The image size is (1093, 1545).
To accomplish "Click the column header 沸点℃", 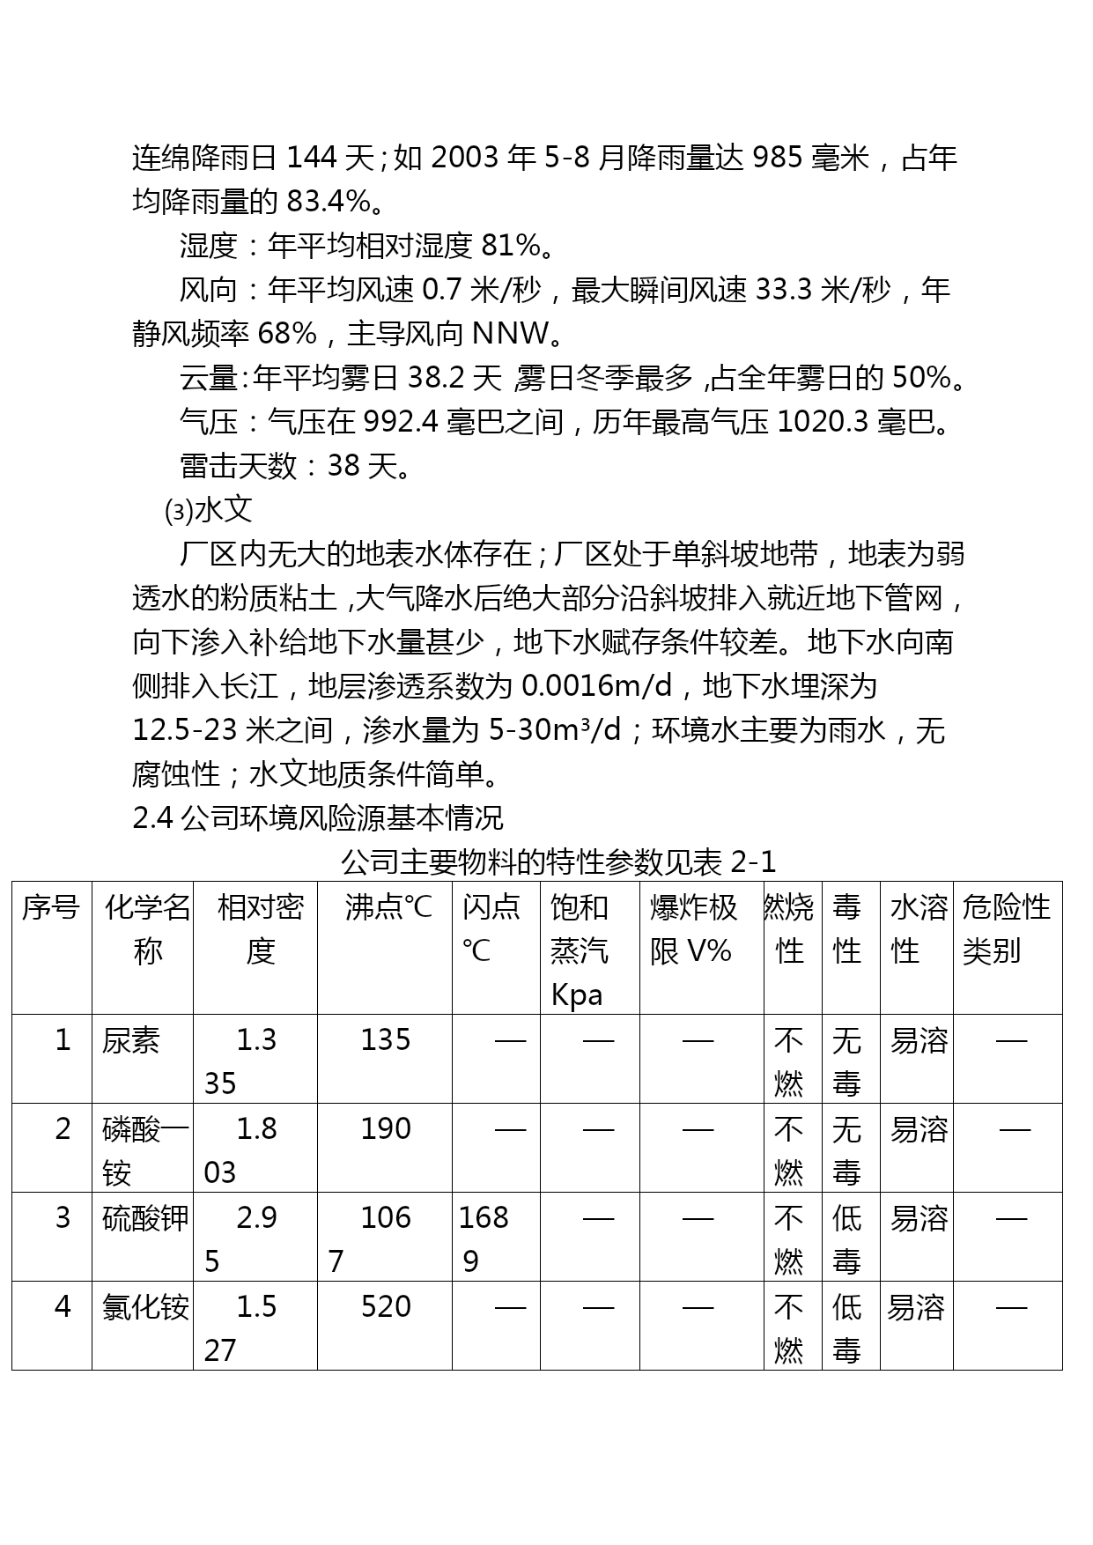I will tap(388, 907).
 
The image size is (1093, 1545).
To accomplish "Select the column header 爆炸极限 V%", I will tap(693, 929).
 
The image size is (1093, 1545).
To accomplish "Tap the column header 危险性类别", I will tap(1006, 929).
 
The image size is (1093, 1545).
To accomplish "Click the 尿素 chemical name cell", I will tap(131, 1041).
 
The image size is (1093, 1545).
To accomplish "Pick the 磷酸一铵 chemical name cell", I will tap(144, 1150).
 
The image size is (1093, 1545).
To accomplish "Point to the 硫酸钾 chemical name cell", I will tap(145, 1218).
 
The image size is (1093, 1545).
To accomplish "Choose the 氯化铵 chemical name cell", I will tap(145, 1307).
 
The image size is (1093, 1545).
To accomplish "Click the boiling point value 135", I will tap(386, 1040).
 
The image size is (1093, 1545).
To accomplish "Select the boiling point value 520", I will tap(386, 1306).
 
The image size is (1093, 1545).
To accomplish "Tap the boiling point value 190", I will tap(386, 1129).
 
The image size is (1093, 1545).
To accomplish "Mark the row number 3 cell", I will tap(63, 1218).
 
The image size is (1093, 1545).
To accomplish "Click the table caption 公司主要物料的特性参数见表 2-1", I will tap(558, 861).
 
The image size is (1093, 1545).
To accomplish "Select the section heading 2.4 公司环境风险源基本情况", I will tap(318, 818).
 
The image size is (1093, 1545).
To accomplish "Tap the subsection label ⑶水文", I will tap(209, 509).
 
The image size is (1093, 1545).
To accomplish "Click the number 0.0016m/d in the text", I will tap(596, 685).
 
